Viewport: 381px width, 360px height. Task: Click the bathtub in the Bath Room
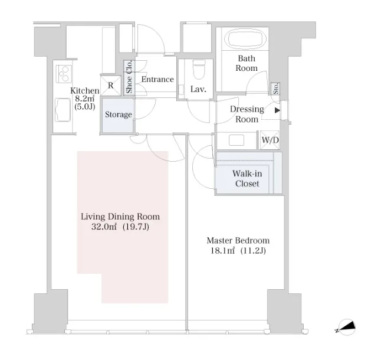(245, 39)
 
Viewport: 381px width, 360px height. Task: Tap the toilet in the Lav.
(199, 69)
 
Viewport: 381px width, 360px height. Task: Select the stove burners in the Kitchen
(64, 74)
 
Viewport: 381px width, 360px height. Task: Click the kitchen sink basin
(63, 110)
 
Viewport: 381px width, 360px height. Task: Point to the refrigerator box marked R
(110, 86)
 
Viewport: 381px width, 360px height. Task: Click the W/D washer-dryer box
(270, 140)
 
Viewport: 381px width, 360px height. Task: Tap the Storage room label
(119, 114)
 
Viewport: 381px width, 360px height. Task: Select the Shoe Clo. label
(129, 77)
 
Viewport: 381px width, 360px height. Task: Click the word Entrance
(157, 79)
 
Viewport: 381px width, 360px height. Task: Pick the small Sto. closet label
(275, 89)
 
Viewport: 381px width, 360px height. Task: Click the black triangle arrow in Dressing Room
(277, 110)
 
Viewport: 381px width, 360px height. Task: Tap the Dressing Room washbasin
(237, 140)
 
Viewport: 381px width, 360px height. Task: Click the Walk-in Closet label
(247, 178)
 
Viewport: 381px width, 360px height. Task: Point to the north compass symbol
(346, 328)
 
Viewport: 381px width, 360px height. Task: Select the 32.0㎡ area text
(104, 227)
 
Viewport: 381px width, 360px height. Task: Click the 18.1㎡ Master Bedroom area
(222, 251)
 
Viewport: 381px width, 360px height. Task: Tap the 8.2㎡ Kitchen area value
(84, 99)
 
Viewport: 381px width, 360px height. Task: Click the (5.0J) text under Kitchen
(84, 107)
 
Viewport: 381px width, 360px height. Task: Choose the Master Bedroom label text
(238, 240)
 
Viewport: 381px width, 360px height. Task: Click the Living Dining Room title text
(120, 217)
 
